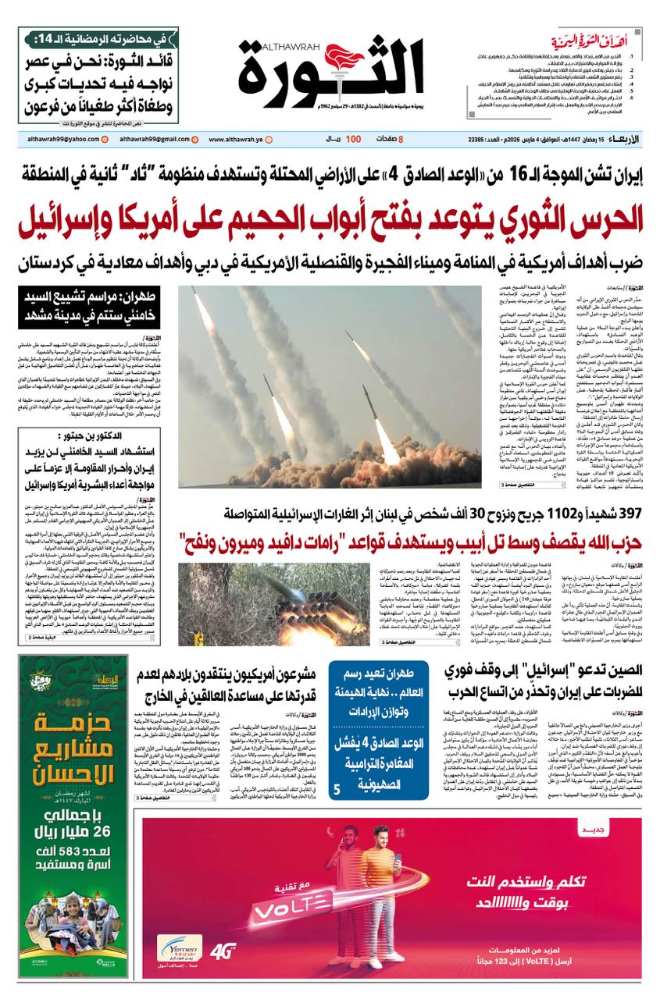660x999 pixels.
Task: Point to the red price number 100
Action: [353, 139]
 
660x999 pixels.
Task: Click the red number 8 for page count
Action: [401, 139]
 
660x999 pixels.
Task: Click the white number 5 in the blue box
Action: [337, 790]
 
